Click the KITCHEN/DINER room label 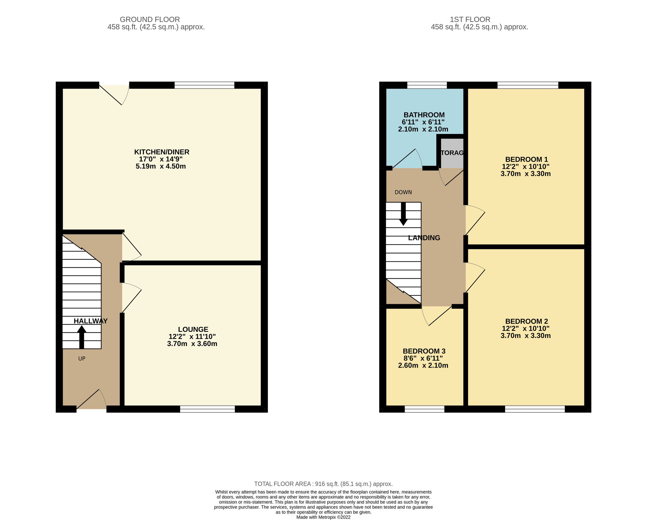pos(162,152)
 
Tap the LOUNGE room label pos(193,329)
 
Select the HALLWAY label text pos(91,321)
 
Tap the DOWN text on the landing pos(403,192)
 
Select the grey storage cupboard pos(452,153)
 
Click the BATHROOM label pos(424,115)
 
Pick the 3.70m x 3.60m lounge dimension pos(192,344)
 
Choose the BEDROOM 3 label pos(424,351)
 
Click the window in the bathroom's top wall pos(427,86)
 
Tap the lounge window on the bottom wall pos(207,409)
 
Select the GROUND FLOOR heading pos(150,20)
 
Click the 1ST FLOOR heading pos(470,20)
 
